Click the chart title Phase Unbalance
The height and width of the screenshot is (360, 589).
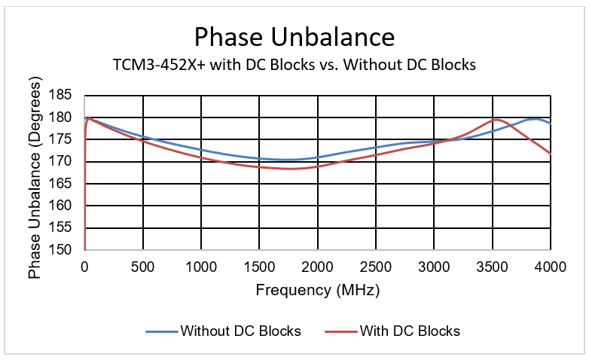click(294, 36)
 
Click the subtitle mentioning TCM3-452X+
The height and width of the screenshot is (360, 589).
click(294, 65)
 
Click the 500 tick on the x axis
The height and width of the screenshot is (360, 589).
click(143, 266)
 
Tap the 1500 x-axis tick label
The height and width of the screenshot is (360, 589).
click(259, 266)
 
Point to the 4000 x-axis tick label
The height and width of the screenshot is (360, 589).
click(550, 266)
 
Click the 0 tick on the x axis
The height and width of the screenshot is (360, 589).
click(85, 266)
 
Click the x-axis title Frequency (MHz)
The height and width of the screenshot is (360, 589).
click(317, 289)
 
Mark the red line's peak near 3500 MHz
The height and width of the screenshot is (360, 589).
click(496, 119)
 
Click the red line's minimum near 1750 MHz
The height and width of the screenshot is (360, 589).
click(289, 169)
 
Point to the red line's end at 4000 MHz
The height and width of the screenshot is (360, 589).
click(551, 154)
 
